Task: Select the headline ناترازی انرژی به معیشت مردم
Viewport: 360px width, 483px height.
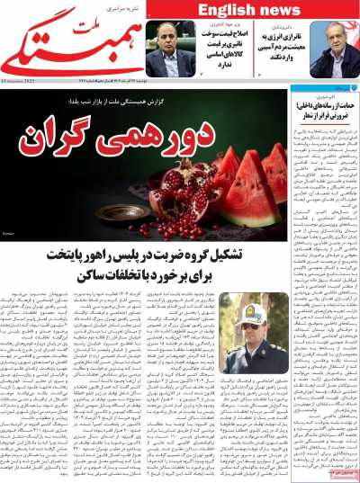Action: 278,49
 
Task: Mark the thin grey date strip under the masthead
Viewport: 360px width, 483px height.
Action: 180,81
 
